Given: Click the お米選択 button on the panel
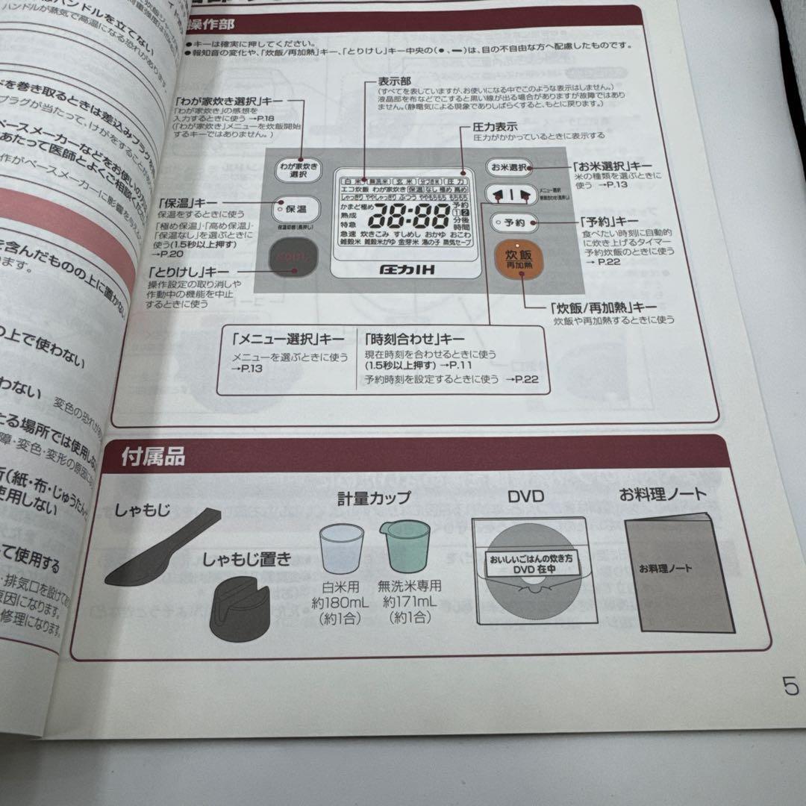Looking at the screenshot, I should (x=510, y=167).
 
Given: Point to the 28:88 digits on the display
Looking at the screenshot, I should (x=407, y=217).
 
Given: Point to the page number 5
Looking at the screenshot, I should (x=790, y=686).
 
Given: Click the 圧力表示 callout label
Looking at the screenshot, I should (x=496, y=126).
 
